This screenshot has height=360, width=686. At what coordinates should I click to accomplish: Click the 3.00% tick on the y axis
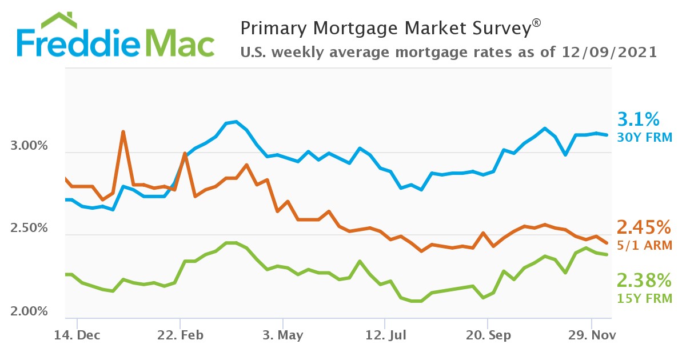point(29,146)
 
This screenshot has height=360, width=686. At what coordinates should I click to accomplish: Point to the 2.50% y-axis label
point(29,228)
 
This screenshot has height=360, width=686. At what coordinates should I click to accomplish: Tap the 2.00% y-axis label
point(29,311)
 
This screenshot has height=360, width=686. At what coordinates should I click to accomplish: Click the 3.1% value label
point(638,119)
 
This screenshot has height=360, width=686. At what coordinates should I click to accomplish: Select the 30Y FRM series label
point(644,137)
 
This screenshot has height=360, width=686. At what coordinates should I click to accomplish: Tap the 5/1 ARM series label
point(644,246)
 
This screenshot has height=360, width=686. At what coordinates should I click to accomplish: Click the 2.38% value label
point(643,281)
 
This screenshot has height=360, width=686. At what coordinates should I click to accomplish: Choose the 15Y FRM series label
point(644,298)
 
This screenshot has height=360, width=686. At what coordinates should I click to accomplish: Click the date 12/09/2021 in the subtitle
point(611,52)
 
